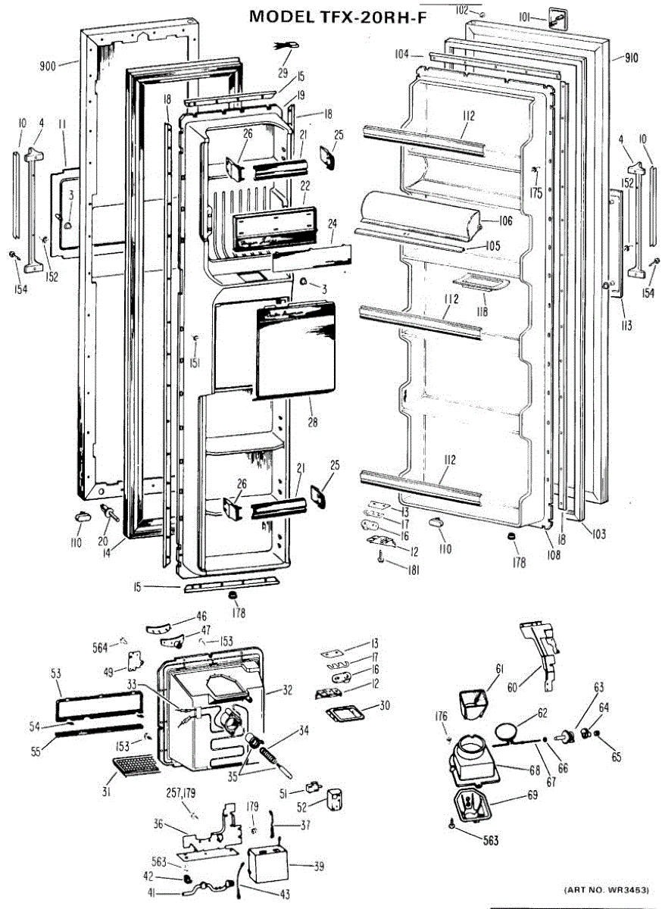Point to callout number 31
click(x=106, y=792)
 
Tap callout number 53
click(x=56, y=673)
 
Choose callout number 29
click(x=283, y=72)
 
